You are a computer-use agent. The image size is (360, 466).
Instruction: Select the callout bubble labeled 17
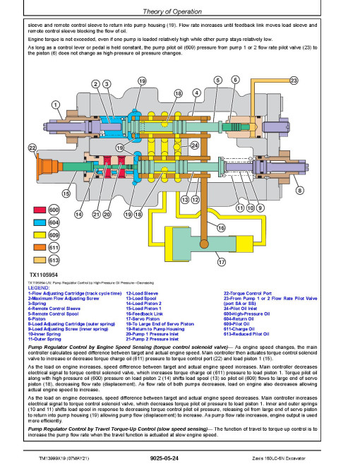tap(221, 262)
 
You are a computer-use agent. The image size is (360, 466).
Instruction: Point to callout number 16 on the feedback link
tap(220, 227)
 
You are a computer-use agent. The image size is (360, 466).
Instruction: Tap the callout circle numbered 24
tap(193, 145)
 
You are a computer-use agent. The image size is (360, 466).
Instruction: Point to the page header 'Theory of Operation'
tap(179, 12)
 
